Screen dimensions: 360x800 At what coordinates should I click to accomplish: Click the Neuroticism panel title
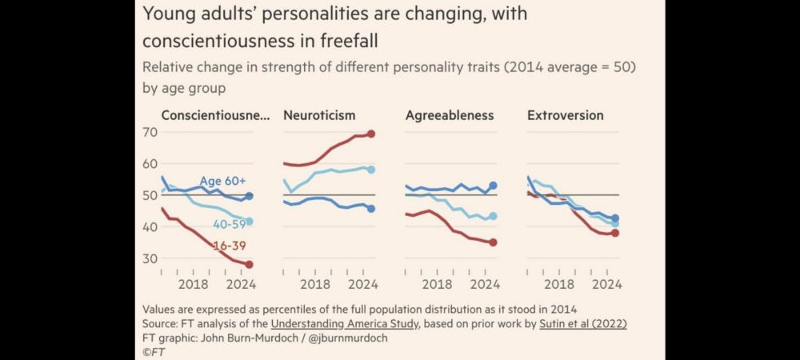(319, 115)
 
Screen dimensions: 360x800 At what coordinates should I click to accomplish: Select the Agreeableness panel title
(450, 115)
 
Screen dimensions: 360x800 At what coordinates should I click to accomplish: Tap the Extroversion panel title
(566, 115)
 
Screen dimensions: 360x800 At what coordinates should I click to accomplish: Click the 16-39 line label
(229, 246)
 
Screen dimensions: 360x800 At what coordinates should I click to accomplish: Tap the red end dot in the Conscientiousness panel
(250, 264)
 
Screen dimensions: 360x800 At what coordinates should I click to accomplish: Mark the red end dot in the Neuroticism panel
(371, 134)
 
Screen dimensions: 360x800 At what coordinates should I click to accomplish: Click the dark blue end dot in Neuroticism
(371, 209)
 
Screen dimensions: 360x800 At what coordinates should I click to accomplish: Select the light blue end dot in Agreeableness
(494, 216)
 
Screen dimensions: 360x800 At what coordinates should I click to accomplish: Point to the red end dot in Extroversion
(615, 233)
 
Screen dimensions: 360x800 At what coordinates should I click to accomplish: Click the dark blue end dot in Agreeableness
(494, 186)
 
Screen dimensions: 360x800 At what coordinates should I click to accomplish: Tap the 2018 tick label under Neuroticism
(315, 284)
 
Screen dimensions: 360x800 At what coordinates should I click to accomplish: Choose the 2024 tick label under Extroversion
(607, 284)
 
